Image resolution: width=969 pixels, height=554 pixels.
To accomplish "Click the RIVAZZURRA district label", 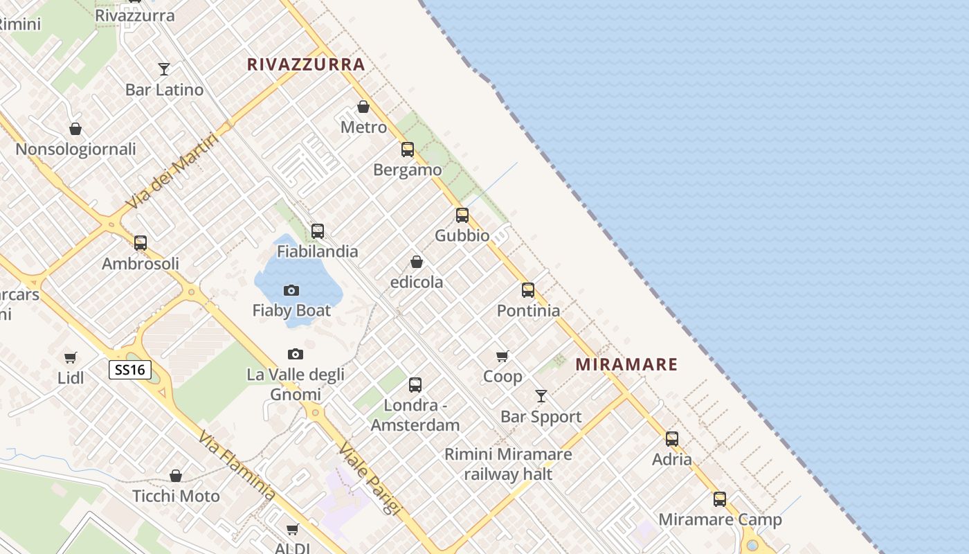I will [x=306, y=64].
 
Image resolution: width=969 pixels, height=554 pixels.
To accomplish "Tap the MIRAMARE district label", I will [x=626, y=364].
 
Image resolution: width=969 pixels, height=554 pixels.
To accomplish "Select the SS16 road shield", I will [x=130, y=370].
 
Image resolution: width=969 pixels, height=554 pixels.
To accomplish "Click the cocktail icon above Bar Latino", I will [x=164, y=69].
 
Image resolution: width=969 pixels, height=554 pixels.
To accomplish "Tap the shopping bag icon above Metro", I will [x=363, y=107].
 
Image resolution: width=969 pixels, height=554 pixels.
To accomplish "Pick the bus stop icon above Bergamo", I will [x=408, y=149].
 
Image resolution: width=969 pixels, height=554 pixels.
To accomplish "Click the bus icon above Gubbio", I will [x=462, y=215].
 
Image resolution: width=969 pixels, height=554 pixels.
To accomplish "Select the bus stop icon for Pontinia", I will [x=528, y=289].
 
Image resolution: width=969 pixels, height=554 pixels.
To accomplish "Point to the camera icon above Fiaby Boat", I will [x=291, y=290].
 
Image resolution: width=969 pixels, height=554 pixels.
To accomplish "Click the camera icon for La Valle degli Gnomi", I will [x=296, y=355].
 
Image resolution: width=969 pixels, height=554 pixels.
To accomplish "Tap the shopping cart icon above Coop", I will [x=502, y=356].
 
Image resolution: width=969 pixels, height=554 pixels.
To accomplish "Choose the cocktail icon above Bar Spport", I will [x=541, y=396].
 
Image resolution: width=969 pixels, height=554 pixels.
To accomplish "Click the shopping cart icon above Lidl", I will [x=71, y=357].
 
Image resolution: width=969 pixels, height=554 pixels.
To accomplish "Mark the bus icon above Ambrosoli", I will [x=141, y=242].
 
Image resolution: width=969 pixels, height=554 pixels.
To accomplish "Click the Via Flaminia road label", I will [x=237, y=465].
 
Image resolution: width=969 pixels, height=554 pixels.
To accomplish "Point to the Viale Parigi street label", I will [x=370, y=478].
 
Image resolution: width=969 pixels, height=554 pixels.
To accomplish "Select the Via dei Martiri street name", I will [x=172, y=171].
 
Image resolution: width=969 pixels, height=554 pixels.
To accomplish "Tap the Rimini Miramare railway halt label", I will [x=508, y=464].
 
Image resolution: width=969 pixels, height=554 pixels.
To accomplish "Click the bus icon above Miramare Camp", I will [x=720, y=499].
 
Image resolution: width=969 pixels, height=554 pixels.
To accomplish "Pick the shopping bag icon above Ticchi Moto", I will [x=176, y=476].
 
